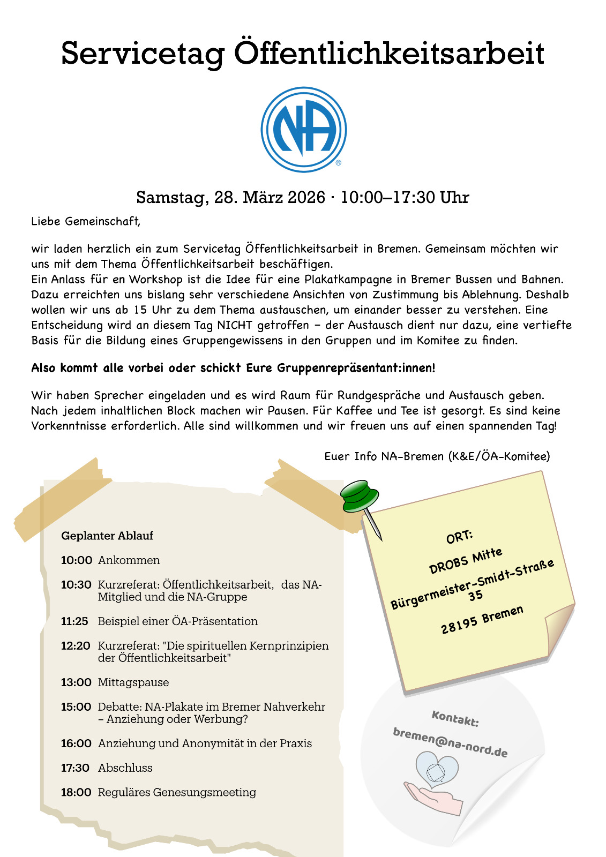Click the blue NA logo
pyautogui.click(x=303, y=130)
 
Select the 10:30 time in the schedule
pyautogui.click(x=76, y=585)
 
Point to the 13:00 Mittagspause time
pyautogui.click(x=76, y=682)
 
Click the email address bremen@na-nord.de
pyautogui.click(x=450, y=742)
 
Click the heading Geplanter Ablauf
pyautogui.click(x=107, y=536)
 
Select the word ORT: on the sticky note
pyautogui.click(x=459, y=537)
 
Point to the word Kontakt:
pyautogui.click(x=455, y=718)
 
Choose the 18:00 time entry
pyautogui.click(x=76, y=792)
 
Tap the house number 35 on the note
pyautogui.click(x=475, y=595)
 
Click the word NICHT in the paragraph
pyautogui.click(x=234, y=325)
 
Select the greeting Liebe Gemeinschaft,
pyautogui.click(x=86, y=221)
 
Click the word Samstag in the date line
pyautogui.click(x=171, y=198)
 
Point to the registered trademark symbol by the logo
pyautogui.click(x=338, y=163)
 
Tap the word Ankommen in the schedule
pyautogui.click(x=129, y=560)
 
